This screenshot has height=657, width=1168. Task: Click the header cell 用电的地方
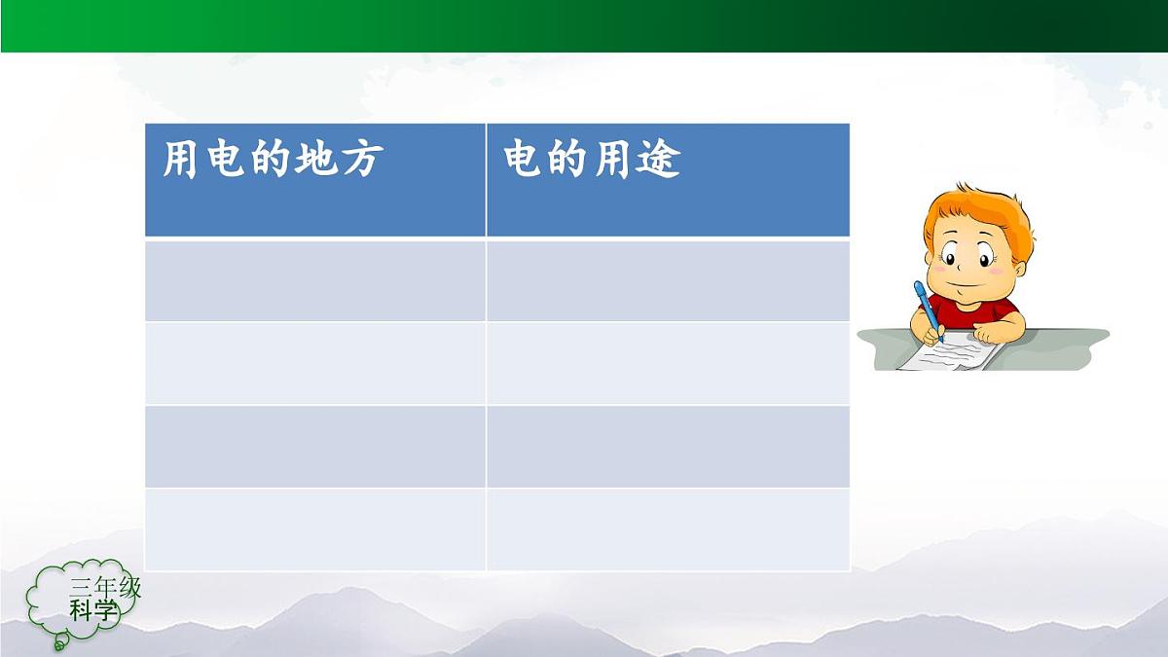coord(314,180)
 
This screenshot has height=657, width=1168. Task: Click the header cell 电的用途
coord(668,180)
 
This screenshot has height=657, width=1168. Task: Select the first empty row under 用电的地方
coord(314,280)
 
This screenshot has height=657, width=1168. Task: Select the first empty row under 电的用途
coord(668,280)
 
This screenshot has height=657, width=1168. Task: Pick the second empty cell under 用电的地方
coord(314,363)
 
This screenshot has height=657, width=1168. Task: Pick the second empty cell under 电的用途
coord(668,363)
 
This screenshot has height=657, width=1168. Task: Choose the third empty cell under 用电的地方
coord(314,446)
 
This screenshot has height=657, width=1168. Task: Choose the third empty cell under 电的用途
coord(668,446)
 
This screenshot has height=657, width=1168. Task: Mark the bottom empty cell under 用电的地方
coord(314,529)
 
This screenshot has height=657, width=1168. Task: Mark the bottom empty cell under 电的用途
coord(668,529)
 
